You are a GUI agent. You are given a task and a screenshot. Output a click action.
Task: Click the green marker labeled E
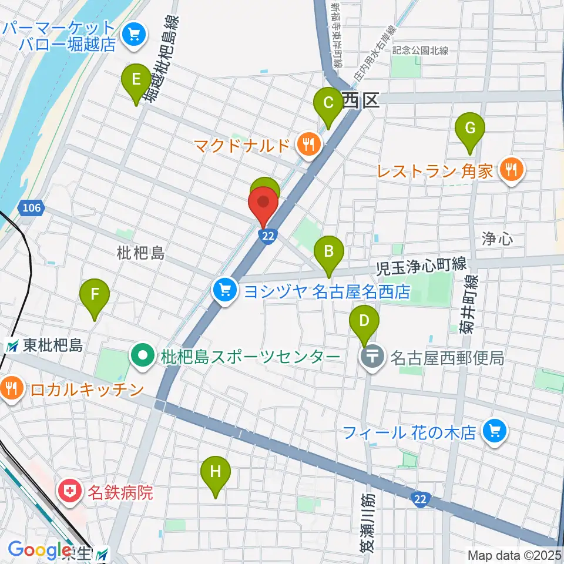[x=136, y=79]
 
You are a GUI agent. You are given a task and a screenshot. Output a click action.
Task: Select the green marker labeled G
[x=470, y=128]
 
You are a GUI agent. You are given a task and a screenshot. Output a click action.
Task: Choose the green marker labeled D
[x=364, y=321]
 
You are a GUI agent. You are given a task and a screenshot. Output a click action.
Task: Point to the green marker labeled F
[x=94, y=294]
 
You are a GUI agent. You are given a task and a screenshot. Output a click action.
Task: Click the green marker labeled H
[x=216, y=471]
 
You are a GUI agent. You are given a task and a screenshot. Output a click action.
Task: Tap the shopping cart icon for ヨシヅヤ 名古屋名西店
[x=224, y=290]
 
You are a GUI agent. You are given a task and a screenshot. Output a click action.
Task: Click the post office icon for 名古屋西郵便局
[x=373, y=357]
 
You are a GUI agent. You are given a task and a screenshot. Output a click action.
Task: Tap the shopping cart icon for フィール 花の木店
[x=493, y=433]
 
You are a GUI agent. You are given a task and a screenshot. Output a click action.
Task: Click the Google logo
[x=39, y=550]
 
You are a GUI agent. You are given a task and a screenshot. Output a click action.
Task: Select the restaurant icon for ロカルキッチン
[x=11, y=388]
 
